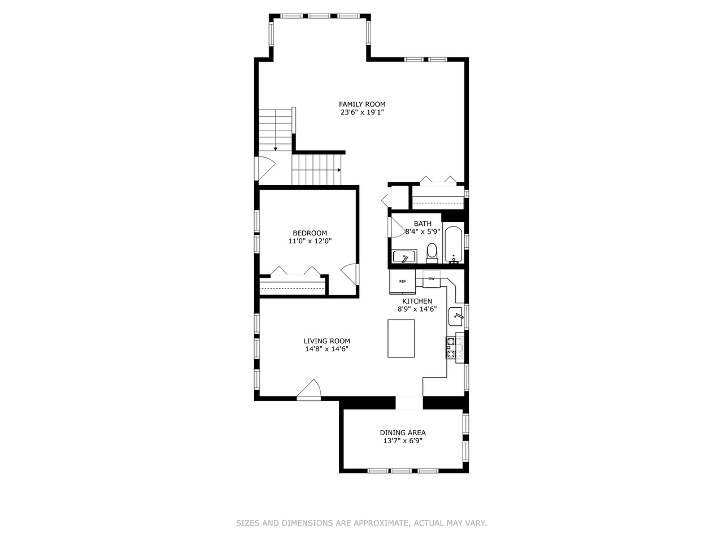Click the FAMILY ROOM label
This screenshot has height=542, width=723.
click(362, 104)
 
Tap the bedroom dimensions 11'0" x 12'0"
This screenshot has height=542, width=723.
click(310, 241)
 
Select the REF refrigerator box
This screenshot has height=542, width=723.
click(402, 281)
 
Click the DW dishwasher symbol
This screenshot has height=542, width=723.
click(432, 279)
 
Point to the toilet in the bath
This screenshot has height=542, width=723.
click(432, 253)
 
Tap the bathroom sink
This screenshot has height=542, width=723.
click(404, 256)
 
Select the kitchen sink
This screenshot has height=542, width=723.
click(456, 317)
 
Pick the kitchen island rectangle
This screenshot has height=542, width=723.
click(401, 338)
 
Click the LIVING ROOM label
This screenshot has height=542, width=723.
click(326, 341)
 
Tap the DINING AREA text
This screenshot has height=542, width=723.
click(403, 432)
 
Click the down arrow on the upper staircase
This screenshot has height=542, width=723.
click(276, 148)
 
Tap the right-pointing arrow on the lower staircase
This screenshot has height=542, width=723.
click(339, 170)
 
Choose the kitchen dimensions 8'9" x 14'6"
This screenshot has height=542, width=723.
click(417, 309)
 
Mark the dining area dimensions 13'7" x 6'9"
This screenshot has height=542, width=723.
click(403, 440)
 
